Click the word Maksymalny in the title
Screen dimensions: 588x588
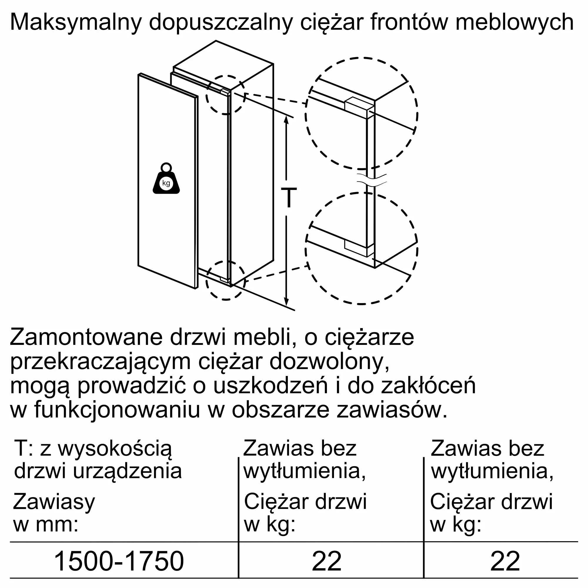click(x=76, y=23)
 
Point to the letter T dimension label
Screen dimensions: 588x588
click(x=288, y=198)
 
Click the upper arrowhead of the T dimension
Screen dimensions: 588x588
click(x=286, y=120)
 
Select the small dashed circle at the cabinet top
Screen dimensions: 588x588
click(x=225, y=95)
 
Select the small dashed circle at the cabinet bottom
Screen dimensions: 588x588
click(x=225, y=280)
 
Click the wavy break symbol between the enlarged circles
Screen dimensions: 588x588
click(x=372, y=180)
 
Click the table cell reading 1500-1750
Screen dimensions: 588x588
click(x=119, y=561)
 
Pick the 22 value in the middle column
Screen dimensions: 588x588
click(x=327, y=561)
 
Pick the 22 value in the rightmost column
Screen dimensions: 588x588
click(x=505, y=561)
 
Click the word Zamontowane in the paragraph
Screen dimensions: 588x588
click(x=86, y=338)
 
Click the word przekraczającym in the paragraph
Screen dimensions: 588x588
click(x=101, y=362)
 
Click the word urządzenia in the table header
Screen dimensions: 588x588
click(x=127, y=471)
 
